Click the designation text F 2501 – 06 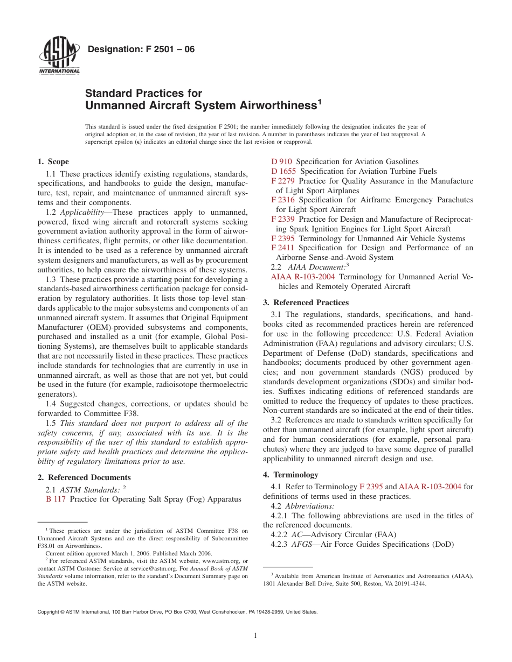pyautogui.click(x=141, y=50)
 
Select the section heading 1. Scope pyautogui.click(x=53, y=161)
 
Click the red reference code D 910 pyautogui.click(x=281, y=161)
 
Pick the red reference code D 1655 pyautogui.click(x=283, y=171)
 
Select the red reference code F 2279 pyautogui.click(x=283, y=181)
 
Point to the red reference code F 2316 pyautogui.click(x=283, y=200)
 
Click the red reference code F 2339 pyautogui.click(x=283, y=219)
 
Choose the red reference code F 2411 pyautogui.click(x=283, y=248)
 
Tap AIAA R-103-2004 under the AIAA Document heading pyautogui.click(x=302, y=277)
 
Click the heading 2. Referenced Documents pyautogui.click(x=84, y=477)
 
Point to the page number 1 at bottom pyautogui.click(x=255, y=636)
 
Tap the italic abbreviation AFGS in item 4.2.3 pyautogui.click(x=300, y=544)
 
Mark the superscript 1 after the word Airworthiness pyautogui.click(x=319, y=101)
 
